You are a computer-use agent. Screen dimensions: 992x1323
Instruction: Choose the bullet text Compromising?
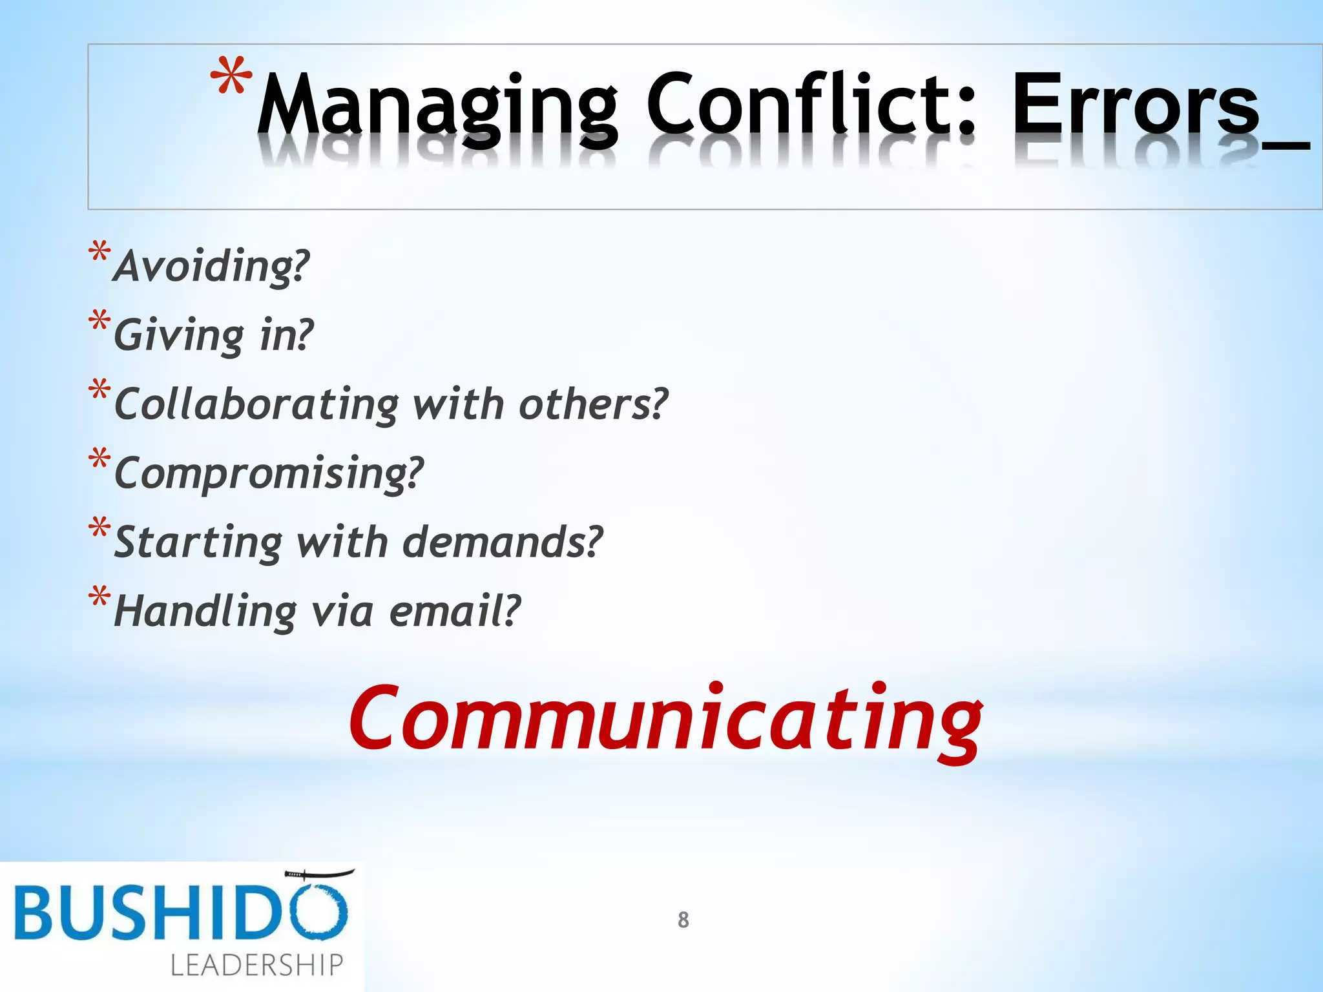coord(269,473)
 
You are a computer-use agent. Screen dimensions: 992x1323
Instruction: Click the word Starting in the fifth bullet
coord(198,542)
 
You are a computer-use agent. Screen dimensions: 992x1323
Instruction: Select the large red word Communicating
coord(665,720)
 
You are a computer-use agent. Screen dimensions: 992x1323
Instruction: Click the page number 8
coord(683,920)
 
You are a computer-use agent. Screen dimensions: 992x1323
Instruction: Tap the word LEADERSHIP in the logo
coord(256,965)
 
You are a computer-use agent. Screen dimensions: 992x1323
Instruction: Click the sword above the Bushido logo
coord(319,874)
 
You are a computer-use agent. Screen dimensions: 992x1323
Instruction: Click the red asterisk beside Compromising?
coord(99,460)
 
